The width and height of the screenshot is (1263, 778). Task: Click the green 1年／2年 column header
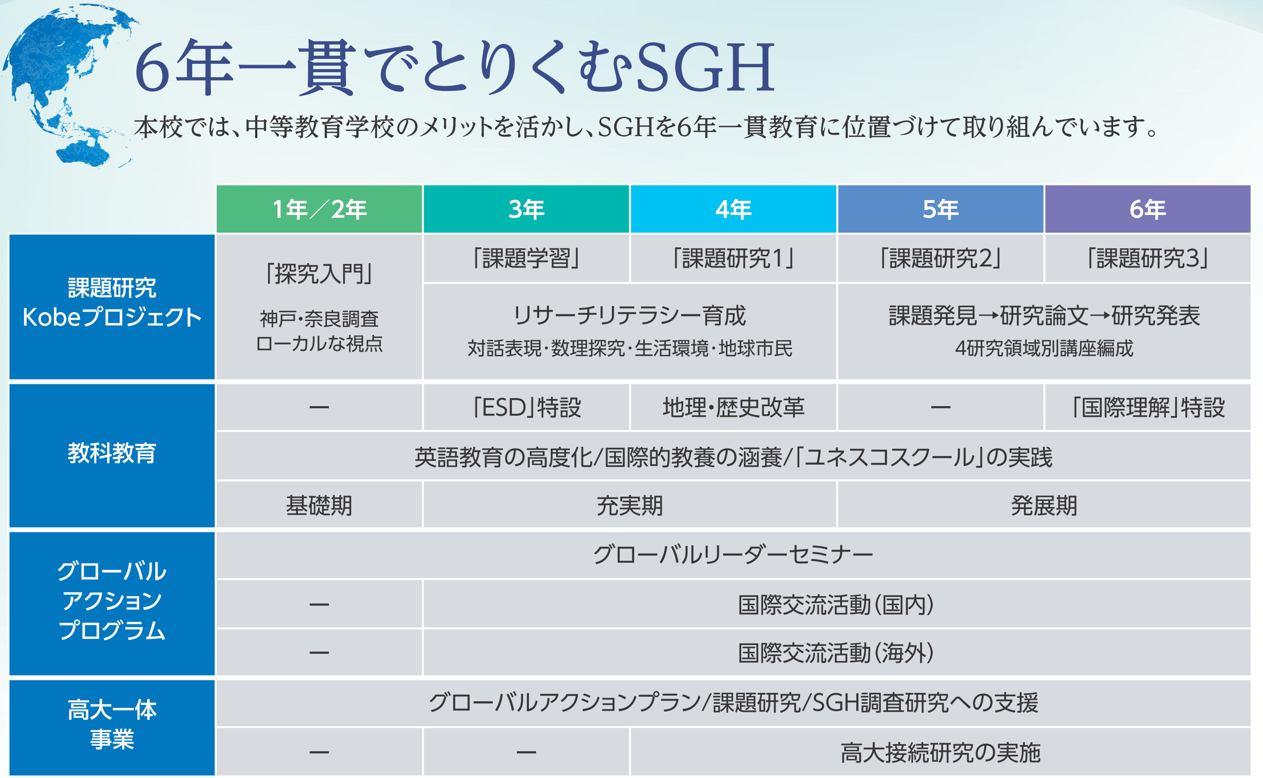[x=319, y=209]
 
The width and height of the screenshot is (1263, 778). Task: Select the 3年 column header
[x=526, y=209]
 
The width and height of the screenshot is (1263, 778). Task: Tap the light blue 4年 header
[x=733, y=209]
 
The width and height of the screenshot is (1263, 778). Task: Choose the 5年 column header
[x=940, y=209]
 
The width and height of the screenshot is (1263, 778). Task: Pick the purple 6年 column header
[x=1147, y=209]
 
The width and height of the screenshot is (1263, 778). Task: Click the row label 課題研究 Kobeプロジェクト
[x=111, y=307]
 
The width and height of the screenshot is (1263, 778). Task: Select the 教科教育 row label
[x=111, y=455]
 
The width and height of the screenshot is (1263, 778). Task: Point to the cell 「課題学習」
[x=526, y=258]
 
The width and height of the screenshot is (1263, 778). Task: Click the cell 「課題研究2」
[x=940, y=258]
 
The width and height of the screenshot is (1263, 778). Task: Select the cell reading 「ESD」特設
[x=526, y=407]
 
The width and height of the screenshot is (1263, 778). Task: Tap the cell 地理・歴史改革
[x=733, y=407]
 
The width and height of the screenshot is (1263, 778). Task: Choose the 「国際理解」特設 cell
[x=1147, y=407]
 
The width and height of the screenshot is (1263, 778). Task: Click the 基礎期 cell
[x=319, y=505]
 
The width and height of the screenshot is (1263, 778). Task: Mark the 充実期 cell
[x=629, y=505]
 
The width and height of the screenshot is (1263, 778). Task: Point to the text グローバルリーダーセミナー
[x=733, y=555]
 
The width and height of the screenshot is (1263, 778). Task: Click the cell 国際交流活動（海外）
[x=837, y=652]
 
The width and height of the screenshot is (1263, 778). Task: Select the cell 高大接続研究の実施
[x=940, y=752]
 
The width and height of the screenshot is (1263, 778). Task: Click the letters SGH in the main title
[x=705, y=67]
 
